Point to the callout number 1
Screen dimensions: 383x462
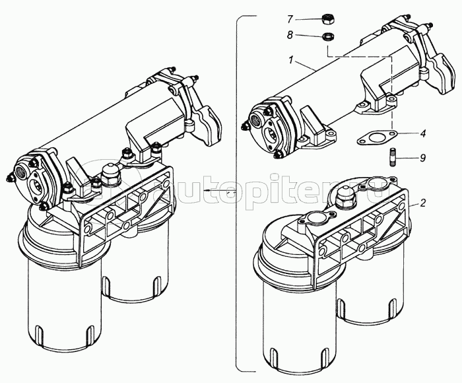[x=290, y=59]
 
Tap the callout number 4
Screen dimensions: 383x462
[x=422, y=133]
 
